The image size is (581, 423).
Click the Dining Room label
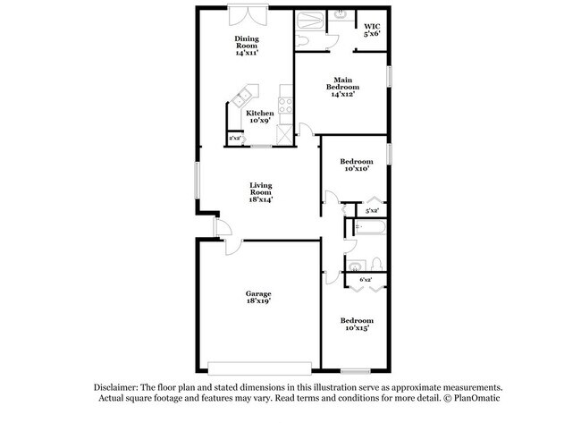tap(247, 46)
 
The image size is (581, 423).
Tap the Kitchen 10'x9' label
tap(260, 117)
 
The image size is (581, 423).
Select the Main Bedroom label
tap(343, 86)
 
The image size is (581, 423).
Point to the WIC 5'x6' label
tap(372, 30)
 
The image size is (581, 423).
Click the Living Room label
tap(260, 192)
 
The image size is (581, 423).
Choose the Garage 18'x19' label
tap(259, 298)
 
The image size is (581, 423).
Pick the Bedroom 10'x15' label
tap(355, 324)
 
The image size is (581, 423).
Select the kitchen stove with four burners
tap(286, 106)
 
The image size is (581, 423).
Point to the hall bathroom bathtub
tap(368, 228)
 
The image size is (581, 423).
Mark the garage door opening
tap(259, 368)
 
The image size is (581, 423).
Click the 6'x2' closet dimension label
tap(366, 280)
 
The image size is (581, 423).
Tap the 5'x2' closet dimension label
tap(371, 212)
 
